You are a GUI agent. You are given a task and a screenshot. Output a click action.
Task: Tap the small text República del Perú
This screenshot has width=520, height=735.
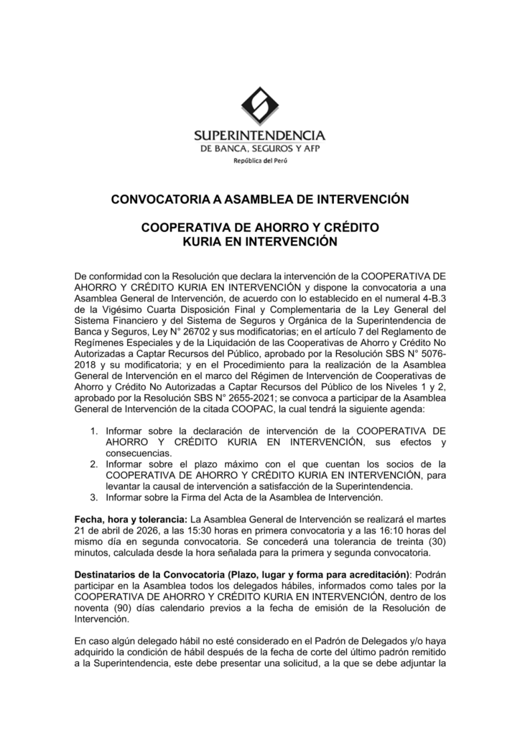click(259, 161)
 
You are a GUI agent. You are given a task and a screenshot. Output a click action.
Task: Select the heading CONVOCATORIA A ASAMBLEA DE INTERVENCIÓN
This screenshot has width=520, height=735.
click(259, 198)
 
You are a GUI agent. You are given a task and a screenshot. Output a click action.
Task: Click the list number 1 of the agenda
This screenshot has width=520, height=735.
click(94, 431)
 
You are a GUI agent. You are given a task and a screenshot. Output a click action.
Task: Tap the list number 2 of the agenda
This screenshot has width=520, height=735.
click(94, 464)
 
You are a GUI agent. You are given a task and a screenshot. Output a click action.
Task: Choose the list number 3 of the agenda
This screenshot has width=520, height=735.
click(94, 497)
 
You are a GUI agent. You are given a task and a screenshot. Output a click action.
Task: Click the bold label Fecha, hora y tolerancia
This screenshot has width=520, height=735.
click(128, 520)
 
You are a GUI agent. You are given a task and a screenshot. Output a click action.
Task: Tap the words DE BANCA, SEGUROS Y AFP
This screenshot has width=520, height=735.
click(259, 148)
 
